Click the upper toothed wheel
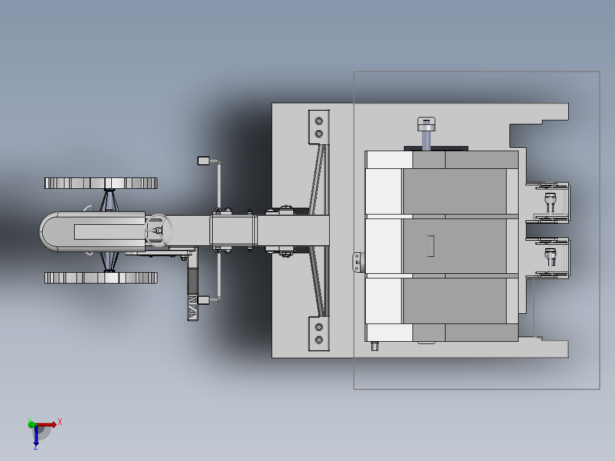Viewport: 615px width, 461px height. click(101, 183)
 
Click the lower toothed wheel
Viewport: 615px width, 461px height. click(101, 278)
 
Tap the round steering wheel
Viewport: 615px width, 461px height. click(159, 230)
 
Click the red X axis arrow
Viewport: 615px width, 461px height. click(46, 424)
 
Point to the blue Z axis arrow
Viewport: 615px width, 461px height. click(36, 435)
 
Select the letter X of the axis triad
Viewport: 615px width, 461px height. click(60, 422)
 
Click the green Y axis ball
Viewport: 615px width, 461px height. click(31, 424)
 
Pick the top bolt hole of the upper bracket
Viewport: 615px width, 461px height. click(319, 121)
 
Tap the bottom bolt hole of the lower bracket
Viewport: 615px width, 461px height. click(319, 340)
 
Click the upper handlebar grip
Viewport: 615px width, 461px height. click(203, 160)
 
